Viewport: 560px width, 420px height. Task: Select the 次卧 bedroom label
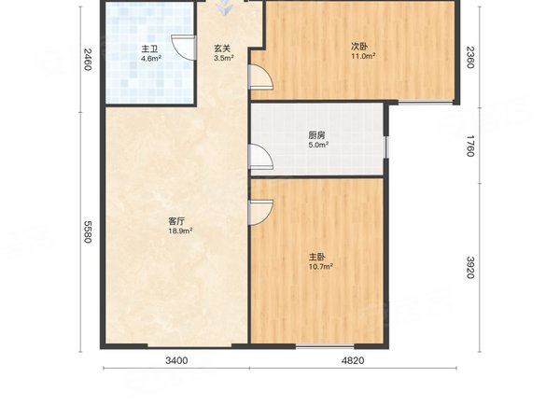pyautogui.click(x=359, y=47)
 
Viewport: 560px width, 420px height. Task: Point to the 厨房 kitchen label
pyautogui.click(x=316, y=135)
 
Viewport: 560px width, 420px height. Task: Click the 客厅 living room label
pyautogui.click(x=176, y=221)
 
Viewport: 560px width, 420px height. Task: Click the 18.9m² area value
pyautogui.click(x=181, y=231)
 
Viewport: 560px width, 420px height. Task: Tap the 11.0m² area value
pyautogui.click(x=363, y=56)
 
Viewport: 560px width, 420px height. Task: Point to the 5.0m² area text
pyautogui.click(x=318, y=145)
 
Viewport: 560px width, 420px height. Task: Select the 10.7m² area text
pyautogui.click(x=321, y=266)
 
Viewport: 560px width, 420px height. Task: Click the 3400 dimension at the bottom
pyautogui.click(x=176, y=360)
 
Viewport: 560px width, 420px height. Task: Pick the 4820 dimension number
pyautogui.click(x=353, y=360)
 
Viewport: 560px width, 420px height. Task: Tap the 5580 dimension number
pyautogui.click(x=88, y=231)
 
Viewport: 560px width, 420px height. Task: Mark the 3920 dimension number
pyautogui.click(x=470, y=268)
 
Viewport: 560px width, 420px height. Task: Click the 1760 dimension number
pyautogui.click(x=470, y=146)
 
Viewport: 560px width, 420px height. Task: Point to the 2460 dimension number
pyautogui.click(x=88, y=60)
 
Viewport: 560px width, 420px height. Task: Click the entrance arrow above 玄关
pyautogui.click(x=224, y=7)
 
